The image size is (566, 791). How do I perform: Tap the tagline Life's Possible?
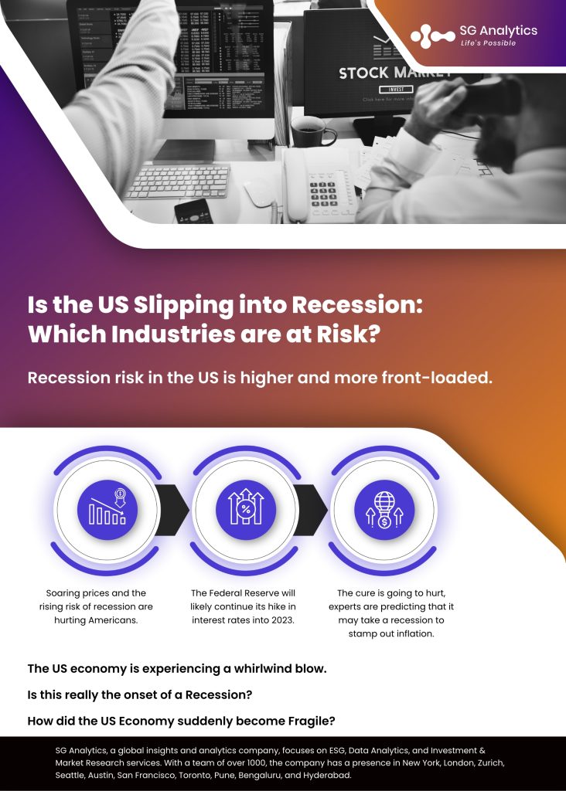point(488,43)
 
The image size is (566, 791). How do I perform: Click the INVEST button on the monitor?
point(397,90)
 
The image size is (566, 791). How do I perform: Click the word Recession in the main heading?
point(357,304)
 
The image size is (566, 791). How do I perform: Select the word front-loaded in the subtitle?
point(437,377)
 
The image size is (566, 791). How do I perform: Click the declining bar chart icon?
point(107,510)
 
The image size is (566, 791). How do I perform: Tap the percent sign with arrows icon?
point(246,510)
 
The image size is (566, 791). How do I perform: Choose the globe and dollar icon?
point(384,510)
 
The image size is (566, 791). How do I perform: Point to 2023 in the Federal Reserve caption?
point(282,620)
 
